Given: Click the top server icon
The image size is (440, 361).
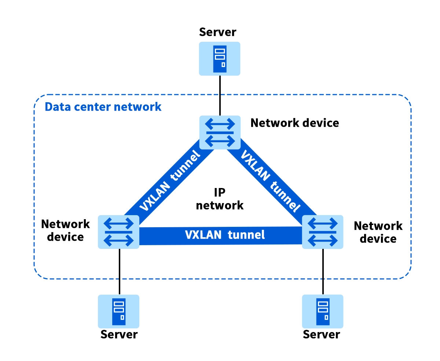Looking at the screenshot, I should tap(220, 59).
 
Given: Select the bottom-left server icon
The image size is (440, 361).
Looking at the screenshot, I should tap(118, 311).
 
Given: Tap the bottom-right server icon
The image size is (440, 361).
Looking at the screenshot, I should tap(323, 311).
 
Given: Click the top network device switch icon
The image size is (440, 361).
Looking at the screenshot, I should tap(220, 132).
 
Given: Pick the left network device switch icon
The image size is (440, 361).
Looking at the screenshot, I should tap(118, 232).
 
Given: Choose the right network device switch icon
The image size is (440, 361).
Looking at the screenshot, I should tap(323, 232).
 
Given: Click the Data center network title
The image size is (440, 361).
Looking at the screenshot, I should tap(103, 107).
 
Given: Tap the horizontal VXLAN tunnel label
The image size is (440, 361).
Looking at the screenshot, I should tap(225, 234).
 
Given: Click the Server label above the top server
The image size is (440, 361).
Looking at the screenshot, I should tap(218, 32).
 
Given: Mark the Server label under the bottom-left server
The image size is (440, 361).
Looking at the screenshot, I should tap(119, 334).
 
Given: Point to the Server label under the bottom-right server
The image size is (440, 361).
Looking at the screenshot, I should tap(322, 334).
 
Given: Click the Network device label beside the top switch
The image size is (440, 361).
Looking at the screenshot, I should tap(295, 123).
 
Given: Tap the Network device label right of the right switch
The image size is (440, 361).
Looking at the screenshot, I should tap(378, 232).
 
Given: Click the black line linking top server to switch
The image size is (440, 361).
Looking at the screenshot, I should tap(220, 95).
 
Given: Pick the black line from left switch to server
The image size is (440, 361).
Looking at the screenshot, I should tap(120, 271).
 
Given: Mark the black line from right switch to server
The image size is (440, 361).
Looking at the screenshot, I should tap(323, 271).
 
